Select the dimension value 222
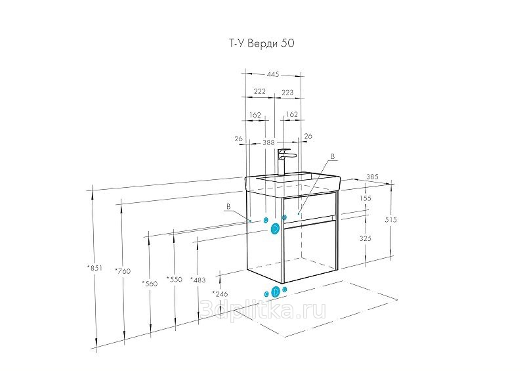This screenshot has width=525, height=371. click(x=259, y=92)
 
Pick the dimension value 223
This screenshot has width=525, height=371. click(x=287, y=92)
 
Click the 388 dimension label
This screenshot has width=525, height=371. click(x=268, y=142)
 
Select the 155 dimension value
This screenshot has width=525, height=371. click(x=366, y=198)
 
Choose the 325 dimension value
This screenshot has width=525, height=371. click(x=366, y=239)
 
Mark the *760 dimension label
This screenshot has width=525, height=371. click(x=121, y=271)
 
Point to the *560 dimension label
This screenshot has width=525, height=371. click(x=150, y=283)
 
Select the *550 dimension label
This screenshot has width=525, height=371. click(x=174, y=280)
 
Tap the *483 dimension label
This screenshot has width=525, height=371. click(x=198, y=280)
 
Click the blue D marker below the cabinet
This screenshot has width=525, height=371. click(x=276, y=291)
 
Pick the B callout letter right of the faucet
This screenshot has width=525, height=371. click(x=333, y=157)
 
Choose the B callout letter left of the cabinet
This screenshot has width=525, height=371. click(x=228, y=207)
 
